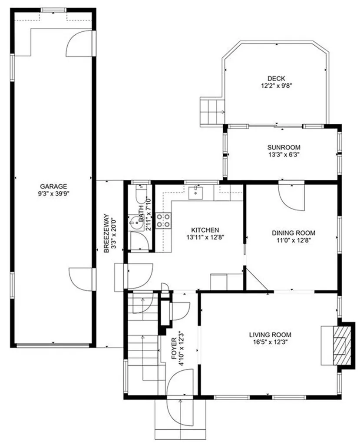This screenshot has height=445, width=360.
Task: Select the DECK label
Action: [276, 78]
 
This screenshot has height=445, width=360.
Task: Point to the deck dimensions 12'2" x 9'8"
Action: [276, 86]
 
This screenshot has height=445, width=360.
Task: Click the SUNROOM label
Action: [284, 147]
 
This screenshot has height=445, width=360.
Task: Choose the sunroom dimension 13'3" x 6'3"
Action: [284, 154]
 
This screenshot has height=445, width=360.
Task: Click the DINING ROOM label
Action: [294, 232]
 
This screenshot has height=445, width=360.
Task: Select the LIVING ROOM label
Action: [270, 335]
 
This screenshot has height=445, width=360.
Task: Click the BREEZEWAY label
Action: [106, 232]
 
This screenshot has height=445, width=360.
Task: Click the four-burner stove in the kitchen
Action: [164, 220]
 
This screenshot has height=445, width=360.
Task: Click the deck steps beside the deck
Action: [211, 111]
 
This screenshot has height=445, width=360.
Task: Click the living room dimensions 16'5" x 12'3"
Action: [270, 342]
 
